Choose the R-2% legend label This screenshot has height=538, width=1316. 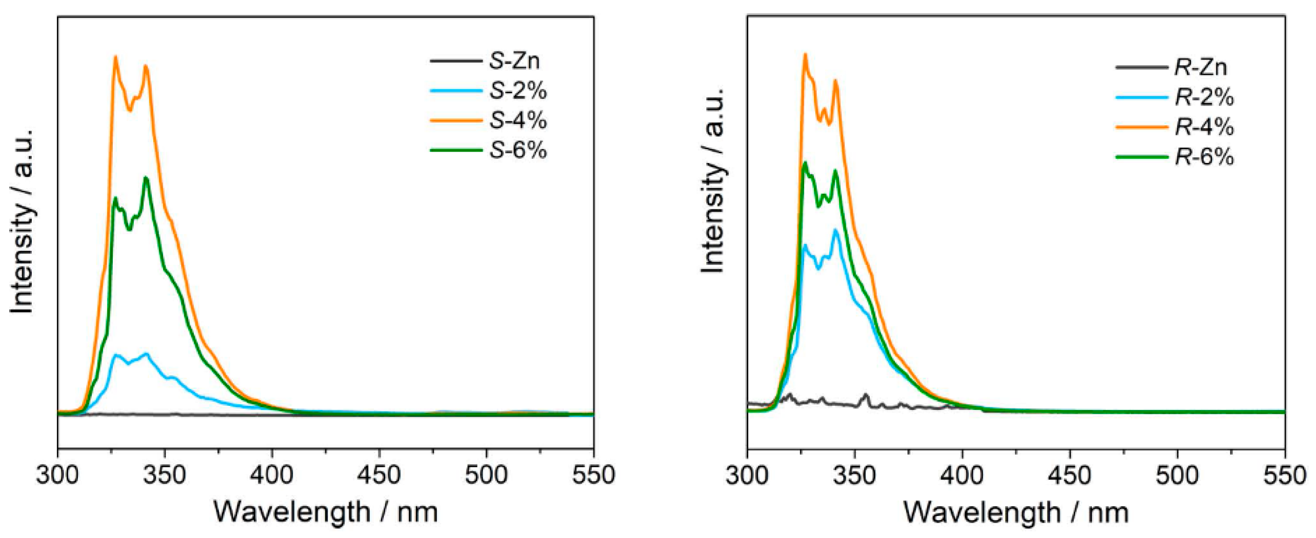coord(1204,97)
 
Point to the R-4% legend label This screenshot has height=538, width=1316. coord(1204,127)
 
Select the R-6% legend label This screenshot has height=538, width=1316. coord(1204,157)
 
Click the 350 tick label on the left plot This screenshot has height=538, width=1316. coord(165,475)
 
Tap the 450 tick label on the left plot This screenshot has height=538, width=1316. coord(379,475)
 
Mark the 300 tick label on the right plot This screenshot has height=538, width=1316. coord(747,475)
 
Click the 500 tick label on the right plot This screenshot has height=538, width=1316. coord(1177,475)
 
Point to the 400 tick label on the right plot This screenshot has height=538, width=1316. coord(962,475)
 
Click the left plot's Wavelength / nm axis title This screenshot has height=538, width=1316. coord(326,512)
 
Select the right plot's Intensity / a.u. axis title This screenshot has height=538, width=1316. coord(713,180)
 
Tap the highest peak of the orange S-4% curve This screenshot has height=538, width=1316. coord(115,57)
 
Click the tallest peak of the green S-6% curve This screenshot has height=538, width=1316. coord(146,178)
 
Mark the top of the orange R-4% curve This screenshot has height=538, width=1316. coord(805,54)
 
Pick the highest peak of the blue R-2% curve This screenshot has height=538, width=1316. coord(836,230)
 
